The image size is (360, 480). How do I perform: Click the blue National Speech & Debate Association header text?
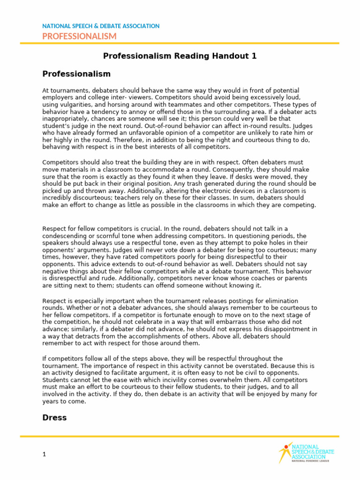(x=101, y=26)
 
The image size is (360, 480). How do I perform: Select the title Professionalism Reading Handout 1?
(x=180, y=56)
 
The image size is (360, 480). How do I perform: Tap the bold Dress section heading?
(x=54, y=417)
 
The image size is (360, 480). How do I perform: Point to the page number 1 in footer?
(x=44, y=454)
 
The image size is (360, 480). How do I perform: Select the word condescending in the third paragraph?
(x=65, y=235)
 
